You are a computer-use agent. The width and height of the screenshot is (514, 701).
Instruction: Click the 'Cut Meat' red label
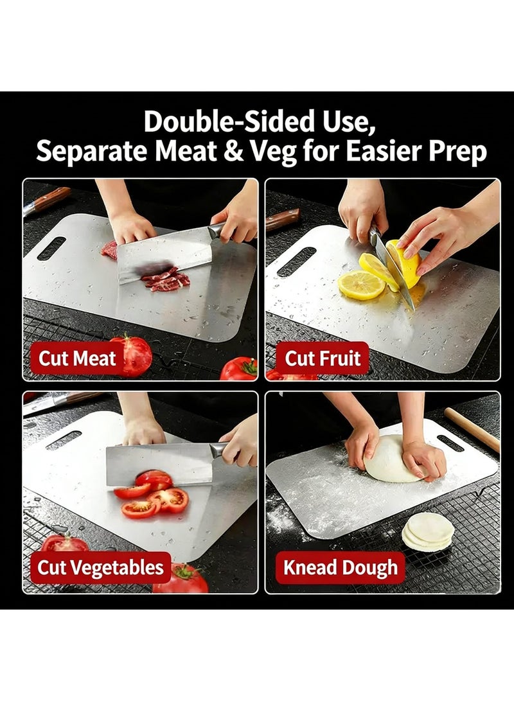pyautogui.click(x=77, y=358)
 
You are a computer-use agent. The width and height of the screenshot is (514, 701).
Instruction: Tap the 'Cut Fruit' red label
pyautogui.click(x=323, y=358)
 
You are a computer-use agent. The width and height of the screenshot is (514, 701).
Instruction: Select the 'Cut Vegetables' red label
pyautogui.click(x=101, y=567)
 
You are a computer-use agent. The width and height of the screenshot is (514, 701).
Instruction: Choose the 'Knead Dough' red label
pyautogui.click(x=340, y=567)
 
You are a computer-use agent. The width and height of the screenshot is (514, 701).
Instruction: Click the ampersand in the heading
pyautogui.click(x=233, y=151)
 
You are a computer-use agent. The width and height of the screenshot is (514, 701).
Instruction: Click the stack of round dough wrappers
pyautogui.click(x=428, y=532)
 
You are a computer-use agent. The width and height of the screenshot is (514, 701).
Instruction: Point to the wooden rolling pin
pyautogui.click(x=472, y=430)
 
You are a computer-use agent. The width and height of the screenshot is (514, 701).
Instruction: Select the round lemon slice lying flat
pyautogui.click(x=361, y=285)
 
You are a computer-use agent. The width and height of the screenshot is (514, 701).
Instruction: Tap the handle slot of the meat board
pyautogui.click(x=51, y=248)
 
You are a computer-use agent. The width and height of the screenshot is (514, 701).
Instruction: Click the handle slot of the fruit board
pyautogui.click(x=296, y=262)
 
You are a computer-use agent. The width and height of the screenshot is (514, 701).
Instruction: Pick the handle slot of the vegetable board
pyautogui.click(x=64, y=440)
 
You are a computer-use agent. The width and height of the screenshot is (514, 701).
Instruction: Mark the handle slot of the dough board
pyautogui.click(x=450, y=443)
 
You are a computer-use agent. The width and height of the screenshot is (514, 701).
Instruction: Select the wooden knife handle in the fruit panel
pyautogui.click(x=283, y=220)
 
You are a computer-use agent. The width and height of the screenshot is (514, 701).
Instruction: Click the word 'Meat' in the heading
pyautogui.click(x=186, y=151)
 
